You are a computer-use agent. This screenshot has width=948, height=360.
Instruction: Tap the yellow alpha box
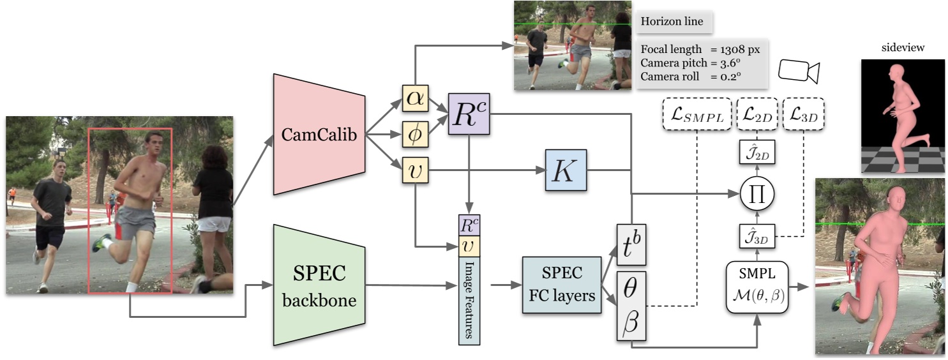(x=414, y=98)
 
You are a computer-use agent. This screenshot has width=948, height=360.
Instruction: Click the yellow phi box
(x=414, y=134)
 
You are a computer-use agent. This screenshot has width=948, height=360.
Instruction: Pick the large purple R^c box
(x=469, y=112)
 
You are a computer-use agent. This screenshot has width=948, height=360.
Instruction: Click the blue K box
(x=566, y=170)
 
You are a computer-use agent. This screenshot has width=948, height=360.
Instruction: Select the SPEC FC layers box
(x=562, y=285)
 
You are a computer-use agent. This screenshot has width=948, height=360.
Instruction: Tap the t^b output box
(x=631, y=245)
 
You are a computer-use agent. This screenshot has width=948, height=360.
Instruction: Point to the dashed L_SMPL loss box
(x=696, y=116)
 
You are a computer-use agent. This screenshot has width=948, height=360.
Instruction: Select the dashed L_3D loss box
(x=803, y=116)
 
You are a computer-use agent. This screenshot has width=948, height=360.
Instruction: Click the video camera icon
(x=799, y=71)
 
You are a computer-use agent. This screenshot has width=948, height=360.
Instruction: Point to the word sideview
(x=902, y=47)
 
